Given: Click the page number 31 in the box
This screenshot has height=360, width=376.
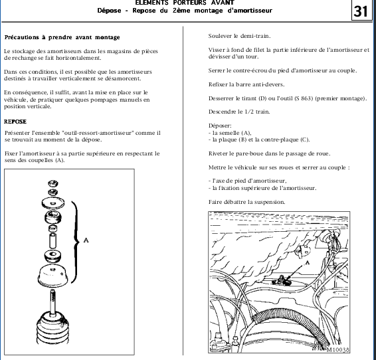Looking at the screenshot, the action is pos(361,11).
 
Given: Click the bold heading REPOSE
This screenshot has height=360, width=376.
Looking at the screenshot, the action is pos(15,122).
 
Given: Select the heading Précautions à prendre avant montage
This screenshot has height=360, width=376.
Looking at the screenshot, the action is pos(62,37).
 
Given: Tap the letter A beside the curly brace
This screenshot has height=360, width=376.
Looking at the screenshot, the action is pos(86,240).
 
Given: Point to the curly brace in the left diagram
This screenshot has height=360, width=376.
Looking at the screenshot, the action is pos(77,242).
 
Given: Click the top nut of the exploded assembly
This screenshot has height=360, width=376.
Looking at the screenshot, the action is pos(53,183).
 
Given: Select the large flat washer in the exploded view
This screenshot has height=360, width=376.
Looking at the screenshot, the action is pos(53,203).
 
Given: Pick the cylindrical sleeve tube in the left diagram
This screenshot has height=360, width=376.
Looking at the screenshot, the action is pos(52,240).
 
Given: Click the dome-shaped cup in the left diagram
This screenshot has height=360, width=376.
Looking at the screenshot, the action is pos(52,276).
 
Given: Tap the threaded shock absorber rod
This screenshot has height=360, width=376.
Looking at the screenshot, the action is pos(52,301).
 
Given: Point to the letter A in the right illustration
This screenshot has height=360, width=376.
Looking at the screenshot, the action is pos(307,262).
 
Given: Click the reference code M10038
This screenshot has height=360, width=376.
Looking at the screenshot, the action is pos(337,349).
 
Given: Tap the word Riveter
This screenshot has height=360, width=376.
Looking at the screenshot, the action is pos(218,153).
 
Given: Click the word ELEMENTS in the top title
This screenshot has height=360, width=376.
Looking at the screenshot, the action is pos(151,3).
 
